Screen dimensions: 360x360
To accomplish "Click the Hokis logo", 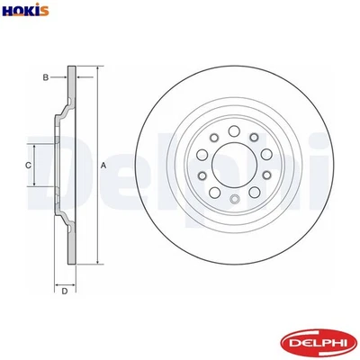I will [26, 10].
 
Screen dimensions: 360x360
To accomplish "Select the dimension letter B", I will [45, 78].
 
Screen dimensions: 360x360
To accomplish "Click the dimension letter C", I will [28, 166].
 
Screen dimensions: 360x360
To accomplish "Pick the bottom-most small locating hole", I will [234, 201].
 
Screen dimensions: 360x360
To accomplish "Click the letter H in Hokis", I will [9, 10].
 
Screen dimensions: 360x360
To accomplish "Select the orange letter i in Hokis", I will [37, 10].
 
